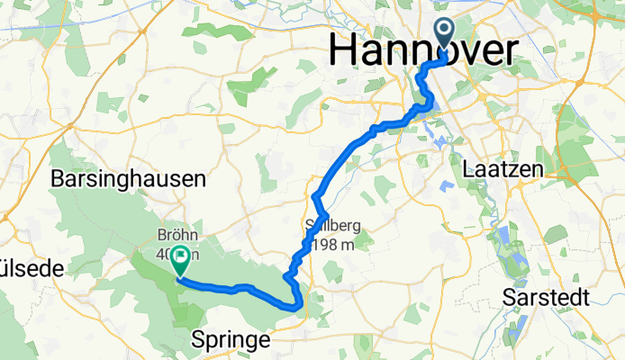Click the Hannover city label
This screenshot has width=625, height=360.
pyautogui.click(x=423, y=49)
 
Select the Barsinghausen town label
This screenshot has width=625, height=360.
pyautogui.click(x=129, y=179)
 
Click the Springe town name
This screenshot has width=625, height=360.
pyautogui.click(x=231, y=340)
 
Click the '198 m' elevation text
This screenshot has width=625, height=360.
pyautogui.click(x=334, y=244)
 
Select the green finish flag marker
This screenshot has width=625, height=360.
pyautogui.click(x=178, y=260)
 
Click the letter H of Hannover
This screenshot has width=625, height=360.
pyautogui.click(x=343, y=49)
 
